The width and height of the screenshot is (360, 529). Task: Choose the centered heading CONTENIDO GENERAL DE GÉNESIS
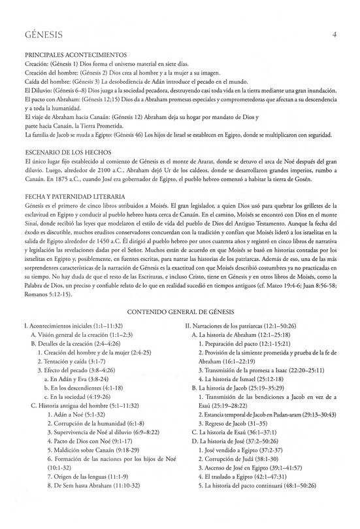[179, 313]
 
